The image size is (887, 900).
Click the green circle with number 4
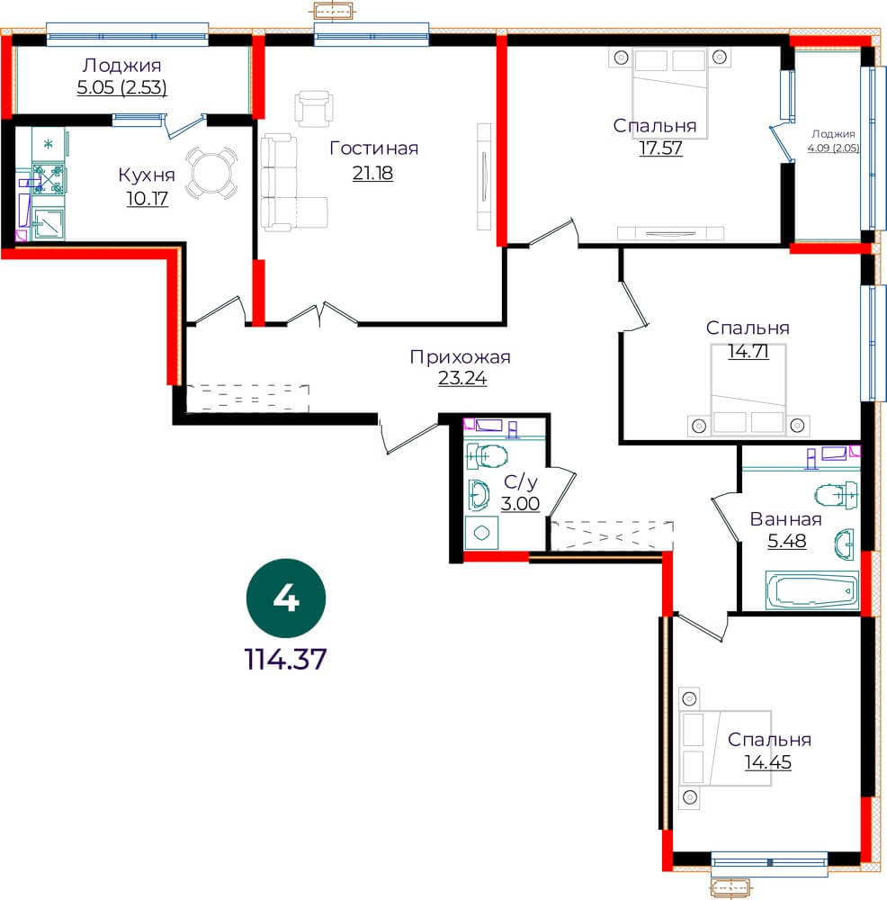coord(286,598)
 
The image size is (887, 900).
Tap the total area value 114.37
coord(286,659)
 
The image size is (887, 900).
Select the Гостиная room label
coord(374,148)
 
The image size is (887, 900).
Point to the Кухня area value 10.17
coord(147,199)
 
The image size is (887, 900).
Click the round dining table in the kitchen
coord(211,173)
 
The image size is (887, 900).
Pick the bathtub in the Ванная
coord(811,589)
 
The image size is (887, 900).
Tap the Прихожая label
coord(460,357)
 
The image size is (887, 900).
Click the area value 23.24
coord(462,378)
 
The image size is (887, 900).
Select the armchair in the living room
coord(314,108)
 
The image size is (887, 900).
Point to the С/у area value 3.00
coord(520,504)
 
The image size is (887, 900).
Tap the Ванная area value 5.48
coord(787,541)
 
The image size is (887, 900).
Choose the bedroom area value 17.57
coord(661,148)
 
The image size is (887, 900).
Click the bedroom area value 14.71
coord(748,351)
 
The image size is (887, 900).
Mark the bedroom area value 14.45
coord(768,762)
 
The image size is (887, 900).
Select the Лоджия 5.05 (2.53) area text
coord(122,87)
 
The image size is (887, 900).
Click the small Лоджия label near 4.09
coord(834,134)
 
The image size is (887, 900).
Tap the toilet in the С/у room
coord(486,456)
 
